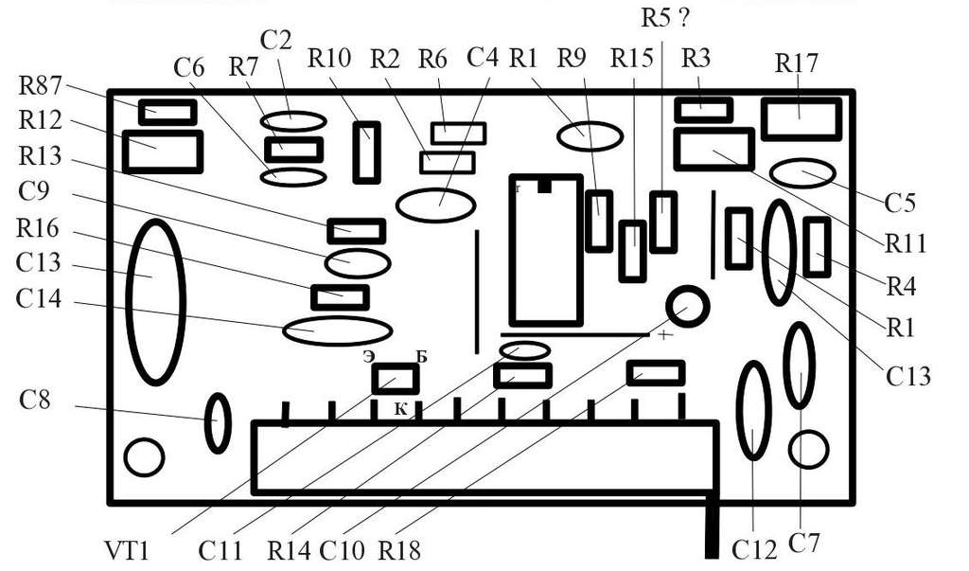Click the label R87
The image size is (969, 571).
[40, 85]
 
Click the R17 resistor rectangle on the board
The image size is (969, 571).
[801, 118]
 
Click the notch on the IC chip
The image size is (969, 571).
[544, 185]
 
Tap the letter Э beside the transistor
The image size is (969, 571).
[369, 357]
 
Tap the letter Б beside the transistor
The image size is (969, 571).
[421, 357]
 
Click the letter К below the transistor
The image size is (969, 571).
[401, 408]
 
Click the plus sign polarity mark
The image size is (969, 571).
[664, 335]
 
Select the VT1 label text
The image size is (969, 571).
[127, 549]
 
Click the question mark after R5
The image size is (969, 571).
[683, 18]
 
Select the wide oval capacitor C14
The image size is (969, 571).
[338, 331]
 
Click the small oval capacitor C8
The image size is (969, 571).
[218, 423]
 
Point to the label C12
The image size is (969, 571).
[754, 548]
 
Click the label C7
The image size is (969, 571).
[804, 544]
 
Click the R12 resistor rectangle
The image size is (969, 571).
[163, 152]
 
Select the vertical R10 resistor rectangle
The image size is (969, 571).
[366, 152]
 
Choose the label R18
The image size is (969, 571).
[399, 549]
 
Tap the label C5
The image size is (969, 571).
[899, 203]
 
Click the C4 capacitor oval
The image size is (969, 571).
[435, 205]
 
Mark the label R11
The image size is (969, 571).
[906, 243]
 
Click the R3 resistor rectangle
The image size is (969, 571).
[703, 110]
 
